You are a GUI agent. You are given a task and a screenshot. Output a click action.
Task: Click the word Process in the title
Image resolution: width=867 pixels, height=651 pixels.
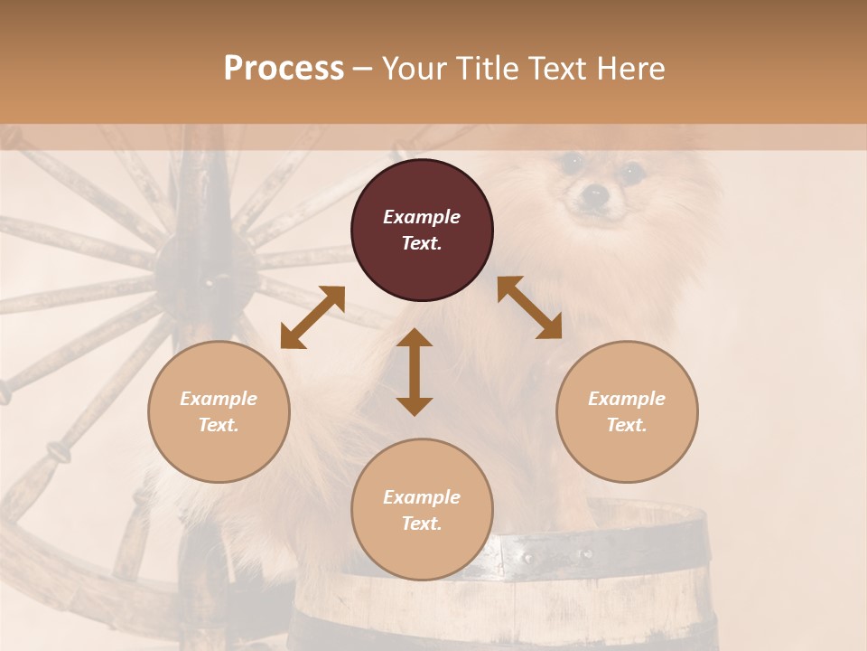pos(284,69)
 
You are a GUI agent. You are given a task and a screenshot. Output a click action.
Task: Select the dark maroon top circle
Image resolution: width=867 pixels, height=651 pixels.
pos(422,230)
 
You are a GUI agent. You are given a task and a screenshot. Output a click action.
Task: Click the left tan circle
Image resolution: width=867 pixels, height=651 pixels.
pos(219,411)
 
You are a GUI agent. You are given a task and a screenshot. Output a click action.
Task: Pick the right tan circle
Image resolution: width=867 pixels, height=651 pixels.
pos(627,411)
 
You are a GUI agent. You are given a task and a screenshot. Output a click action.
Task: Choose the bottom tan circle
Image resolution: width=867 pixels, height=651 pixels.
pos(422,510)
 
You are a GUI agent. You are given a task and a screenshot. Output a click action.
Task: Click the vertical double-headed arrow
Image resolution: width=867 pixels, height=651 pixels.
pos(415,373)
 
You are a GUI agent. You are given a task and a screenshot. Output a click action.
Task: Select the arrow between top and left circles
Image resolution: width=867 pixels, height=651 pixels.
pos(312,316)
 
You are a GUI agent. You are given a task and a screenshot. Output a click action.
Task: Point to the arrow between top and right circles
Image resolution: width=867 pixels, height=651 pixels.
pos(529,307)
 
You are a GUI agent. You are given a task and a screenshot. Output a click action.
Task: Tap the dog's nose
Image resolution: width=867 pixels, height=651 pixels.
pos(593,193)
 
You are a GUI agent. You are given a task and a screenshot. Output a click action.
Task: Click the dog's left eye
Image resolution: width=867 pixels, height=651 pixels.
pos(569,164)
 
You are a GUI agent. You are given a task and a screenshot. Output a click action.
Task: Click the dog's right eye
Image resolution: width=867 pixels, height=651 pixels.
pos(631,170)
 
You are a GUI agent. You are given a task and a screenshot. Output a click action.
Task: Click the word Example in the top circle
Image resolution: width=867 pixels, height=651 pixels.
pos(422,217)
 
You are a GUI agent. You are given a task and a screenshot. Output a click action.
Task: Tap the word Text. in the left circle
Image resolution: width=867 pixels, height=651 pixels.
pos(219,425)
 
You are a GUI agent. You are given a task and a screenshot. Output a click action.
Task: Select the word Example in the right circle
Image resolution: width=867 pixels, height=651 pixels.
pos(627,399)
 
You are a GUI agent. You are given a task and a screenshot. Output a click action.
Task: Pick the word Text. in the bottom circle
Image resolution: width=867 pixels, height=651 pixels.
pos(422,524)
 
